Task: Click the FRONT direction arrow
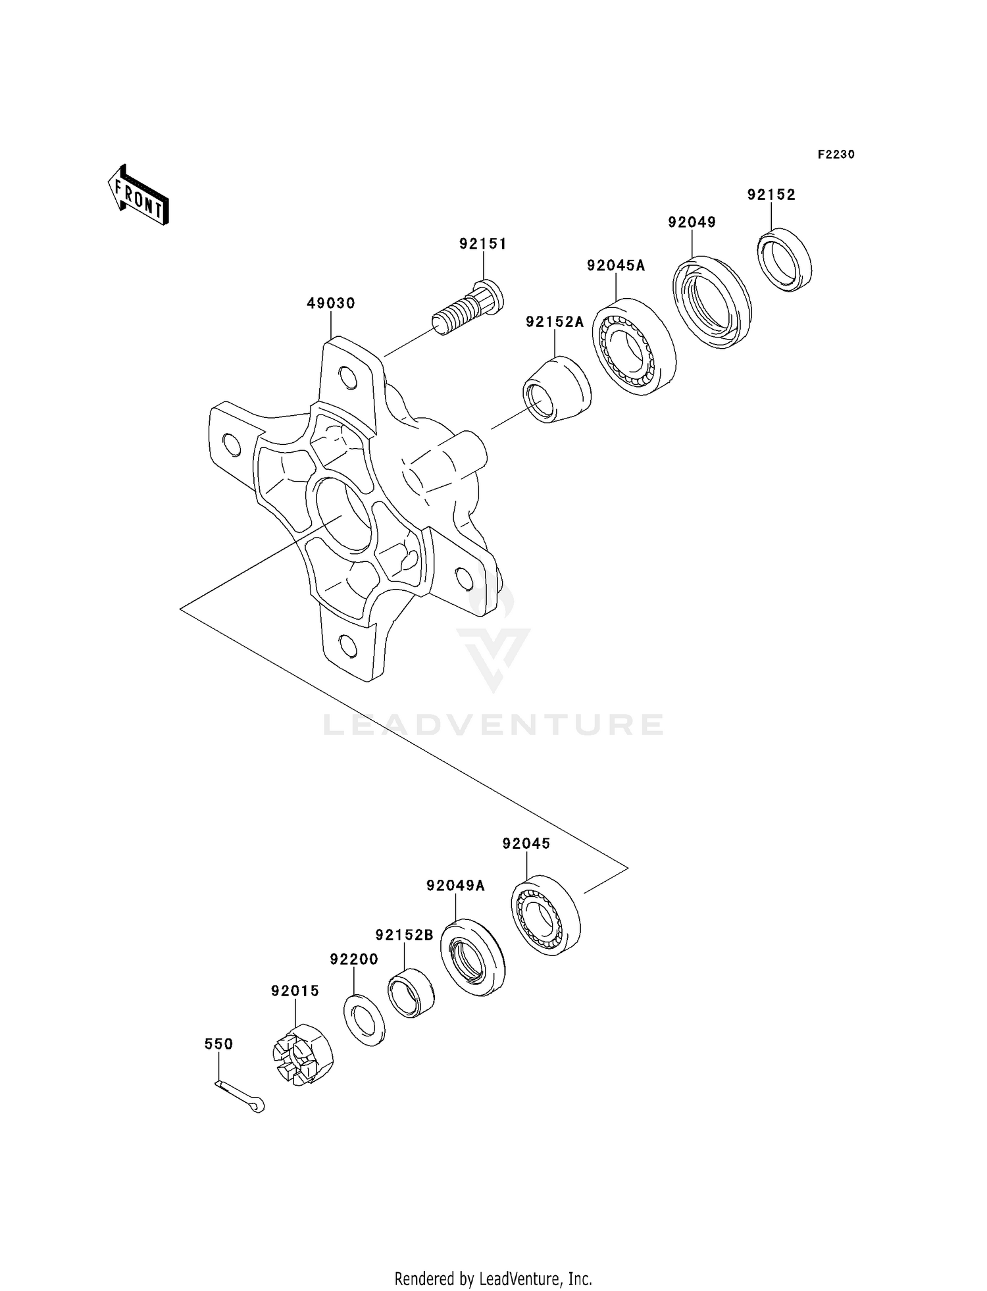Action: click(139, 196)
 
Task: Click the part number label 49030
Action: click(331, 303)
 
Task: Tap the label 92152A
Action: click(555, 322)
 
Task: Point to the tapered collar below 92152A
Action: click(557, 389)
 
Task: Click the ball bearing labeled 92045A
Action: click(634, 346)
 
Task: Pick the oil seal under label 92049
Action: click(711, 301)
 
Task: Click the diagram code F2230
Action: click(836, 155)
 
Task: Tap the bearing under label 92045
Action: click(545, 915)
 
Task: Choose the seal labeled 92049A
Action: click(472, 957)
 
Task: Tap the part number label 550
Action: click(218, 1044)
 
